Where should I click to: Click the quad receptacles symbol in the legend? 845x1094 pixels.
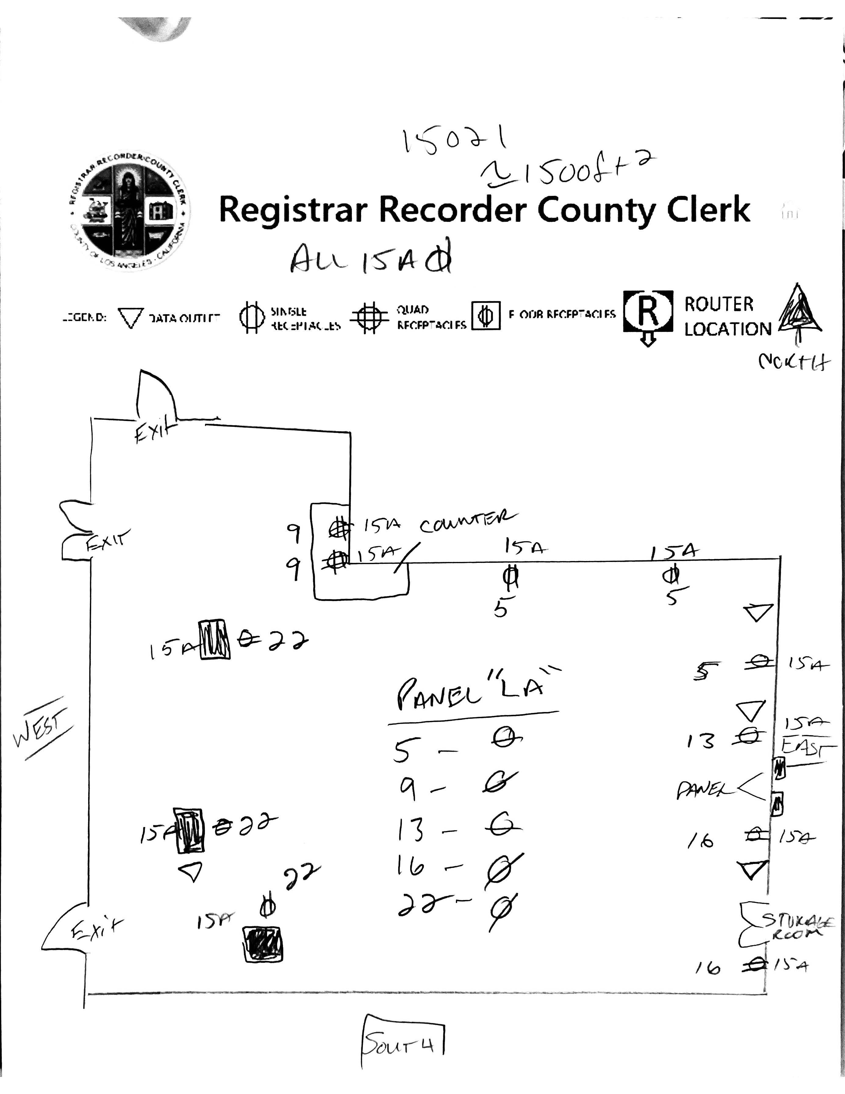coord(369,317)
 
